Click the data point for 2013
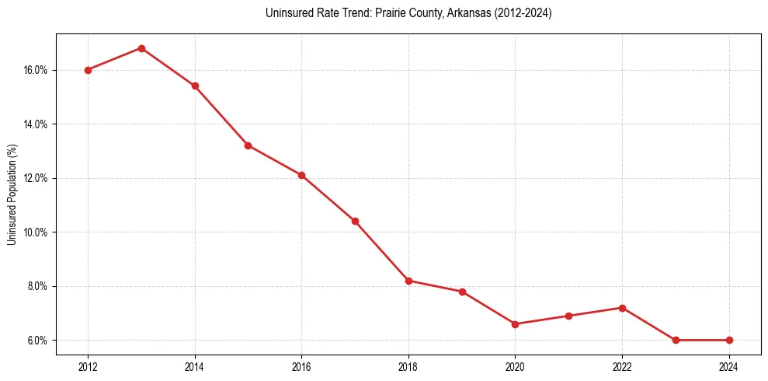pyautogui.click(x=141, y=48)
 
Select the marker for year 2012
pyautogui.click(x=88, y=70)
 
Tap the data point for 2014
pyautogui.click(x=195, y=86)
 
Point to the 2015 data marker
pyautogui.click(x=248, y=145)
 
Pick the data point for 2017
pyautogui.click(x=355, y=222)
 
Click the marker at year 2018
pyautogui.click(x=408, y=281)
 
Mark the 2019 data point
pyautogui.click(x=462, y=292)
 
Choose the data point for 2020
pyautogui.click(x=516, y=324)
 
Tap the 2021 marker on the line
pyautogui.click(x=568, y=316)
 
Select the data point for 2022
pyautogui.click(x=622, y=308)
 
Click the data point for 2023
pyautogui.click(x=676, y=341)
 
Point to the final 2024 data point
pyautogui.click(x=729, y=341)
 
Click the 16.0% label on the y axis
pyautogui.click(x=36, y=70)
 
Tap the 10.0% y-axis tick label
pyautogui.click(x=36, y=232)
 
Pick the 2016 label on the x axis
pyautogui.click(x=301, y=367)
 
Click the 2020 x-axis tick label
pyautogui.click(x=516, y=367)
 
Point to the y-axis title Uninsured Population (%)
pyautogui.click(x=12, y=194)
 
